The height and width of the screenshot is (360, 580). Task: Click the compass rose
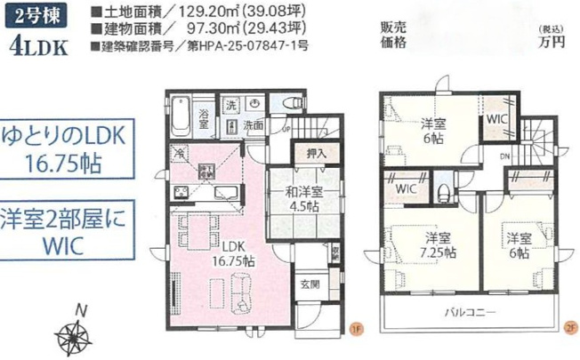click(78, 337)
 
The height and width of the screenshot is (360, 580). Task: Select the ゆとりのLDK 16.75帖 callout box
click(69, 148)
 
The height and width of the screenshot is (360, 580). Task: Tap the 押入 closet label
click(313, 153)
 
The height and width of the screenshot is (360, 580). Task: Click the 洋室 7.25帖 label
click(434, 244)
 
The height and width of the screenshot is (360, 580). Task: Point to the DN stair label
click(506, 158)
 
